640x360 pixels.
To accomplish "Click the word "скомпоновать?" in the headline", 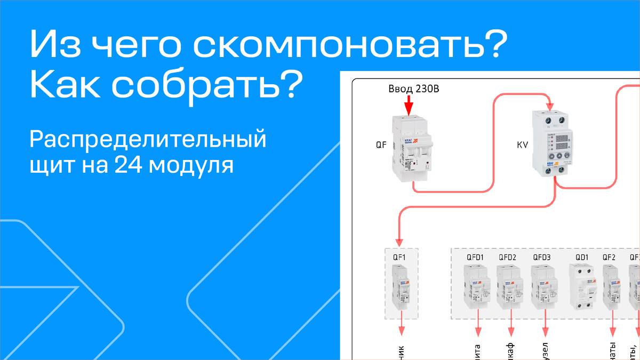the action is [347, 46].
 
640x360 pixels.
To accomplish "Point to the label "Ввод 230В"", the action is [413, 89].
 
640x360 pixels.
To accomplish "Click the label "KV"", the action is [522, 145].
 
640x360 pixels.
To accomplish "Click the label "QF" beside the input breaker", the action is [381, 145].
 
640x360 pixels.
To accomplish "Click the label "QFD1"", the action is [475, 258].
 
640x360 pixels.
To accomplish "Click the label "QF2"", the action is [609, 258].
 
